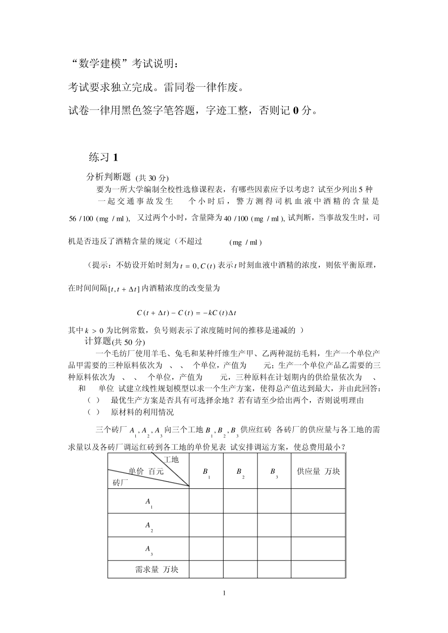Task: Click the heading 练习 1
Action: tap(103, 157)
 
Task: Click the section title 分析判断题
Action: tap(108, 177)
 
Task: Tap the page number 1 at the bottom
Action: tap(224, 593)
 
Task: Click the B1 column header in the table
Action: tap(206, 472)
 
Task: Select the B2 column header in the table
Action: tap(240, 472)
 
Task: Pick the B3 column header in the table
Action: tap(274, 472)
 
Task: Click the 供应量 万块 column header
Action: tap(318, 471)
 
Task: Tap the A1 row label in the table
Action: tap(148, 503)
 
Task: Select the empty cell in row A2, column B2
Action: tap(240, 525)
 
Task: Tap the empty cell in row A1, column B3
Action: tap(274, 501)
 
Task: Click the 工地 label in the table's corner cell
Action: tap(171, 459)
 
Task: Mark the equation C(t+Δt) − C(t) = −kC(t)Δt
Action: tap(187, 313)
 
